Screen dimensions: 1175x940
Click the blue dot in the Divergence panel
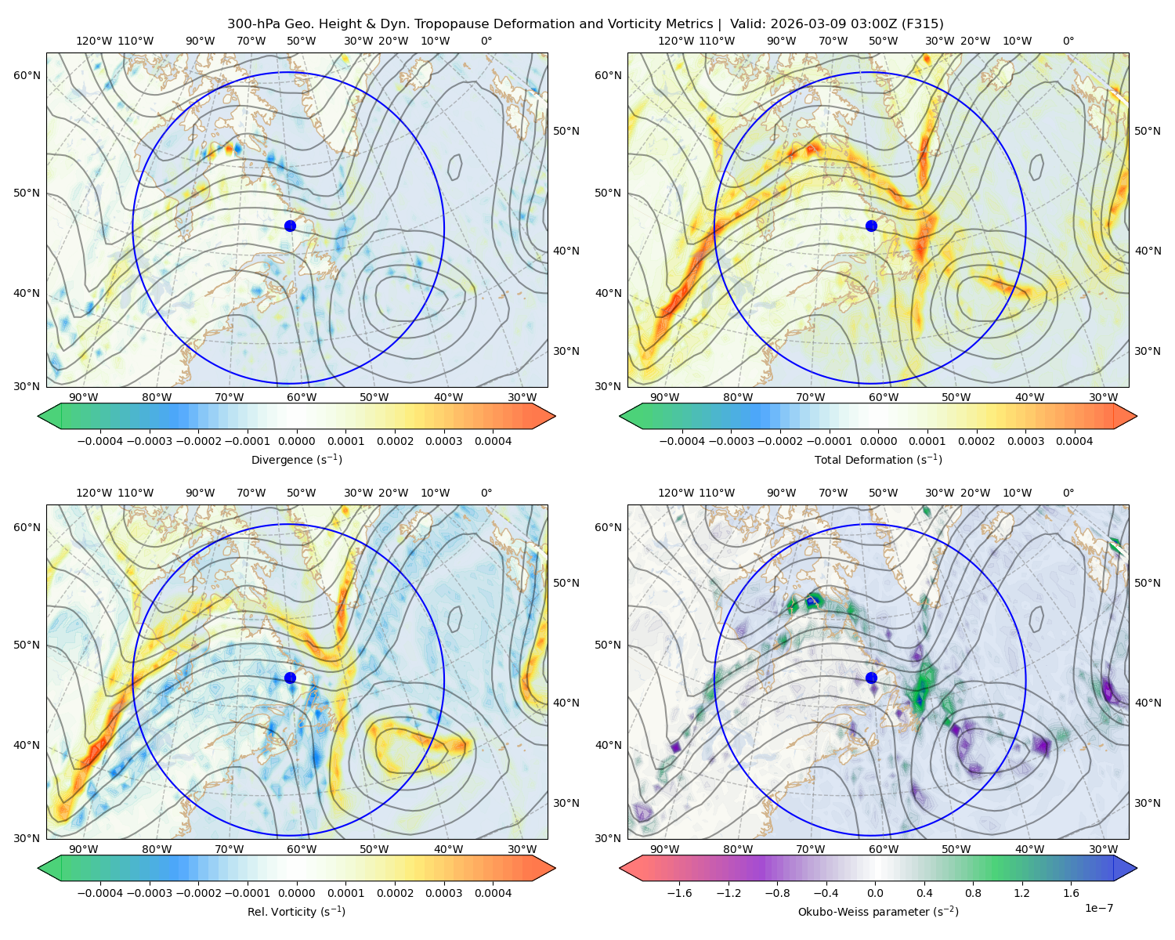[290, 226]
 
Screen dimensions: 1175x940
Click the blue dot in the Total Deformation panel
[871, 226]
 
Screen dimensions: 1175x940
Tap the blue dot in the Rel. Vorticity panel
[290, 678]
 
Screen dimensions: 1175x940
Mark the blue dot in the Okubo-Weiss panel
[871, 678]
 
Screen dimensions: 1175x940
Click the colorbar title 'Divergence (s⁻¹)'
[296, 459]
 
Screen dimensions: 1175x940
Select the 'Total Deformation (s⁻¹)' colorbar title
[878, 459]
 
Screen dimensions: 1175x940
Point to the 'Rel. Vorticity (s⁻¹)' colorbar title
[296, 911]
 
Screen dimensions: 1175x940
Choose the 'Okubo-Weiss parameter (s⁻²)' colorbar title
[878, 911]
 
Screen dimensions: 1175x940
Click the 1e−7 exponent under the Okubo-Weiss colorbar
[1098, 908]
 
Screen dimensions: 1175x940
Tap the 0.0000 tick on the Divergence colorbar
[296, 441]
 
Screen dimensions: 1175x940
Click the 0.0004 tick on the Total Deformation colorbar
[1074, 441]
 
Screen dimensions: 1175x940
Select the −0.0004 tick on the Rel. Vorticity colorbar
[100, 893]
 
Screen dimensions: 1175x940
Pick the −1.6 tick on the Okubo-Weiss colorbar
[679, 893]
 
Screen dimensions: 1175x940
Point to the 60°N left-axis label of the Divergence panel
[27, 75]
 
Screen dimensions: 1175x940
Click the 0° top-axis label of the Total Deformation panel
[1068, 41]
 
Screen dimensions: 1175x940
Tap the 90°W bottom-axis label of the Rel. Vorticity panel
[84, 849]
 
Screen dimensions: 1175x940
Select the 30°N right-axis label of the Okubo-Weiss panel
[1148, 803]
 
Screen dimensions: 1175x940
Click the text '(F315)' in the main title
[922, 24]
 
